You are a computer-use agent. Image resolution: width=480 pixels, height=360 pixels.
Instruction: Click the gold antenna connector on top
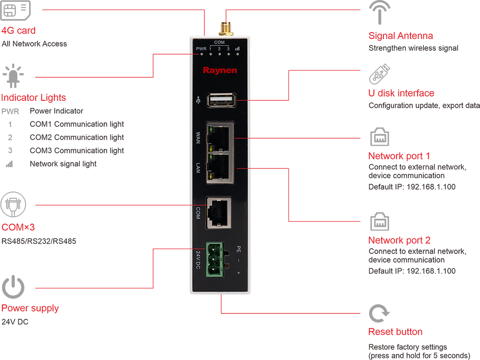[224, 28]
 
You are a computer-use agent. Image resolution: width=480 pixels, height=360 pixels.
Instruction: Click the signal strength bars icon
[237, 49]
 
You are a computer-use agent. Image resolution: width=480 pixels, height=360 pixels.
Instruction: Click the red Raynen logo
[219, 71]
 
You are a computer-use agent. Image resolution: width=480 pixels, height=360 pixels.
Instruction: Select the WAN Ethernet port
[220, 136]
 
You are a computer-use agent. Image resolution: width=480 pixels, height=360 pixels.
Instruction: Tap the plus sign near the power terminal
[238, 273]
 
